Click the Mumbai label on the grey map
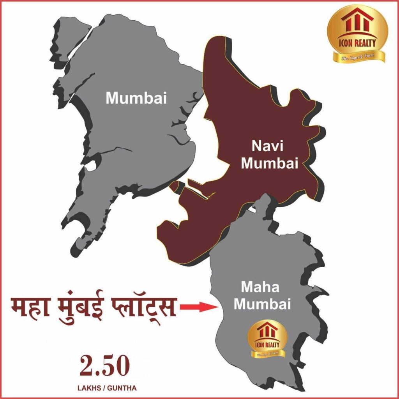136,97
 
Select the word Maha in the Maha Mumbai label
260,288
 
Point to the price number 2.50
104,367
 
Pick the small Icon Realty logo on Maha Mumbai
268,339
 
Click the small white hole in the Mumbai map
89,166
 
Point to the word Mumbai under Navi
269,163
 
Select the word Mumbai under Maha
262,304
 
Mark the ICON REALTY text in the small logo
268,344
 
